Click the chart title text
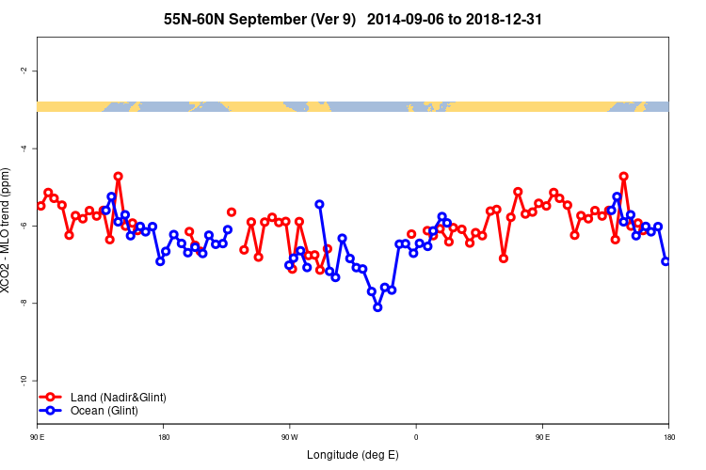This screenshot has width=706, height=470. tap(352, 19)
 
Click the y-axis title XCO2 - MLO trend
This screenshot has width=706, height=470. tap(8, 230)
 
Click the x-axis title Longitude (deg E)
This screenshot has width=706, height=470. tap(353, 455)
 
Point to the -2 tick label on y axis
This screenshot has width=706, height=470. tap(22, 71)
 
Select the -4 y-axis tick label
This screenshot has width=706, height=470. tap(22, 149)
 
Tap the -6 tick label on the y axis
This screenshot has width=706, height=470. tap(22, 226)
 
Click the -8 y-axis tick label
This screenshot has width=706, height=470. tap(22, 303)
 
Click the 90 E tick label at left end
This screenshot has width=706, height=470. tap(38, 436)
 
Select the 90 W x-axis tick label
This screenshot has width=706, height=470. tap(289, 436)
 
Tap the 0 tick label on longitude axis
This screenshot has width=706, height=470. tap(415, 436)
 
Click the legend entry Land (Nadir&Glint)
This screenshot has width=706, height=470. tap(118, 398)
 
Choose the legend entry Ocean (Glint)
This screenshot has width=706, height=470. tap(104, 411)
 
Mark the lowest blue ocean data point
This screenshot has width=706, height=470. tap(377, 306)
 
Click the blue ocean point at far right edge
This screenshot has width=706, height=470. tap(666, 261)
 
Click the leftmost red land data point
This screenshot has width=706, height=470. tap(40, 206)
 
